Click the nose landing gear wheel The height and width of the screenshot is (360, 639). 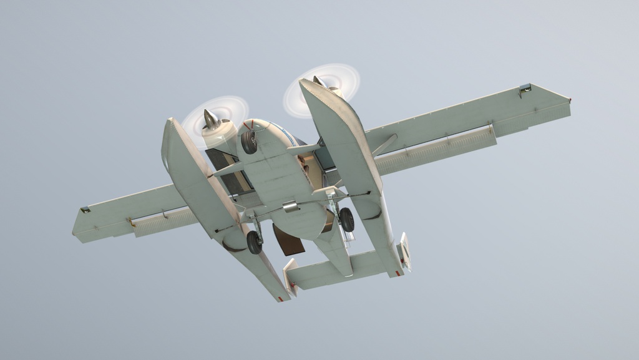pos(249,142)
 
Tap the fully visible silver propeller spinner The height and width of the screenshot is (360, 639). pos(211,119)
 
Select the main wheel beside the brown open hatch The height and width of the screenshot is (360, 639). pos(254,242)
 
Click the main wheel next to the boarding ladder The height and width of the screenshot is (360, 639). pos(346,220)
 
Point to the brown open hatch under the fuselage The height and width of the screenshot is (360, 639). pos(288,241)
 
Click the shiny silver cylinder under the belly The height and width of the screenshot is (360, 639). pos(290,206)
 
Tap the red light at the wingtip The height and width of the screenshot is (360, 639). pos(568,100)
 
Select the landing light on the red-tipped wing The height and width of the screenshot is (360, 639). pos(525,89)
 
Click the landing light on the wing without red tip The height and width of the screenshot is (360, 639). pos(85,210)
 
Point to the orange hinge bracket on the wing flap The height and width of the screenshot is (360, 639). pos(132,221)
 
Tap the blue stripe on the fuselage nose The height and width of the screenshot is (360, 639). pos(284,132)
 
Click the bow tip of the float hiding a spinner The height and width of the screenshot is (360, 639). pos(306,82)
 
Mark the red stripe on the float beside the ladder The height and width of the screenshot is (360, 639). pos(397,273)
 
